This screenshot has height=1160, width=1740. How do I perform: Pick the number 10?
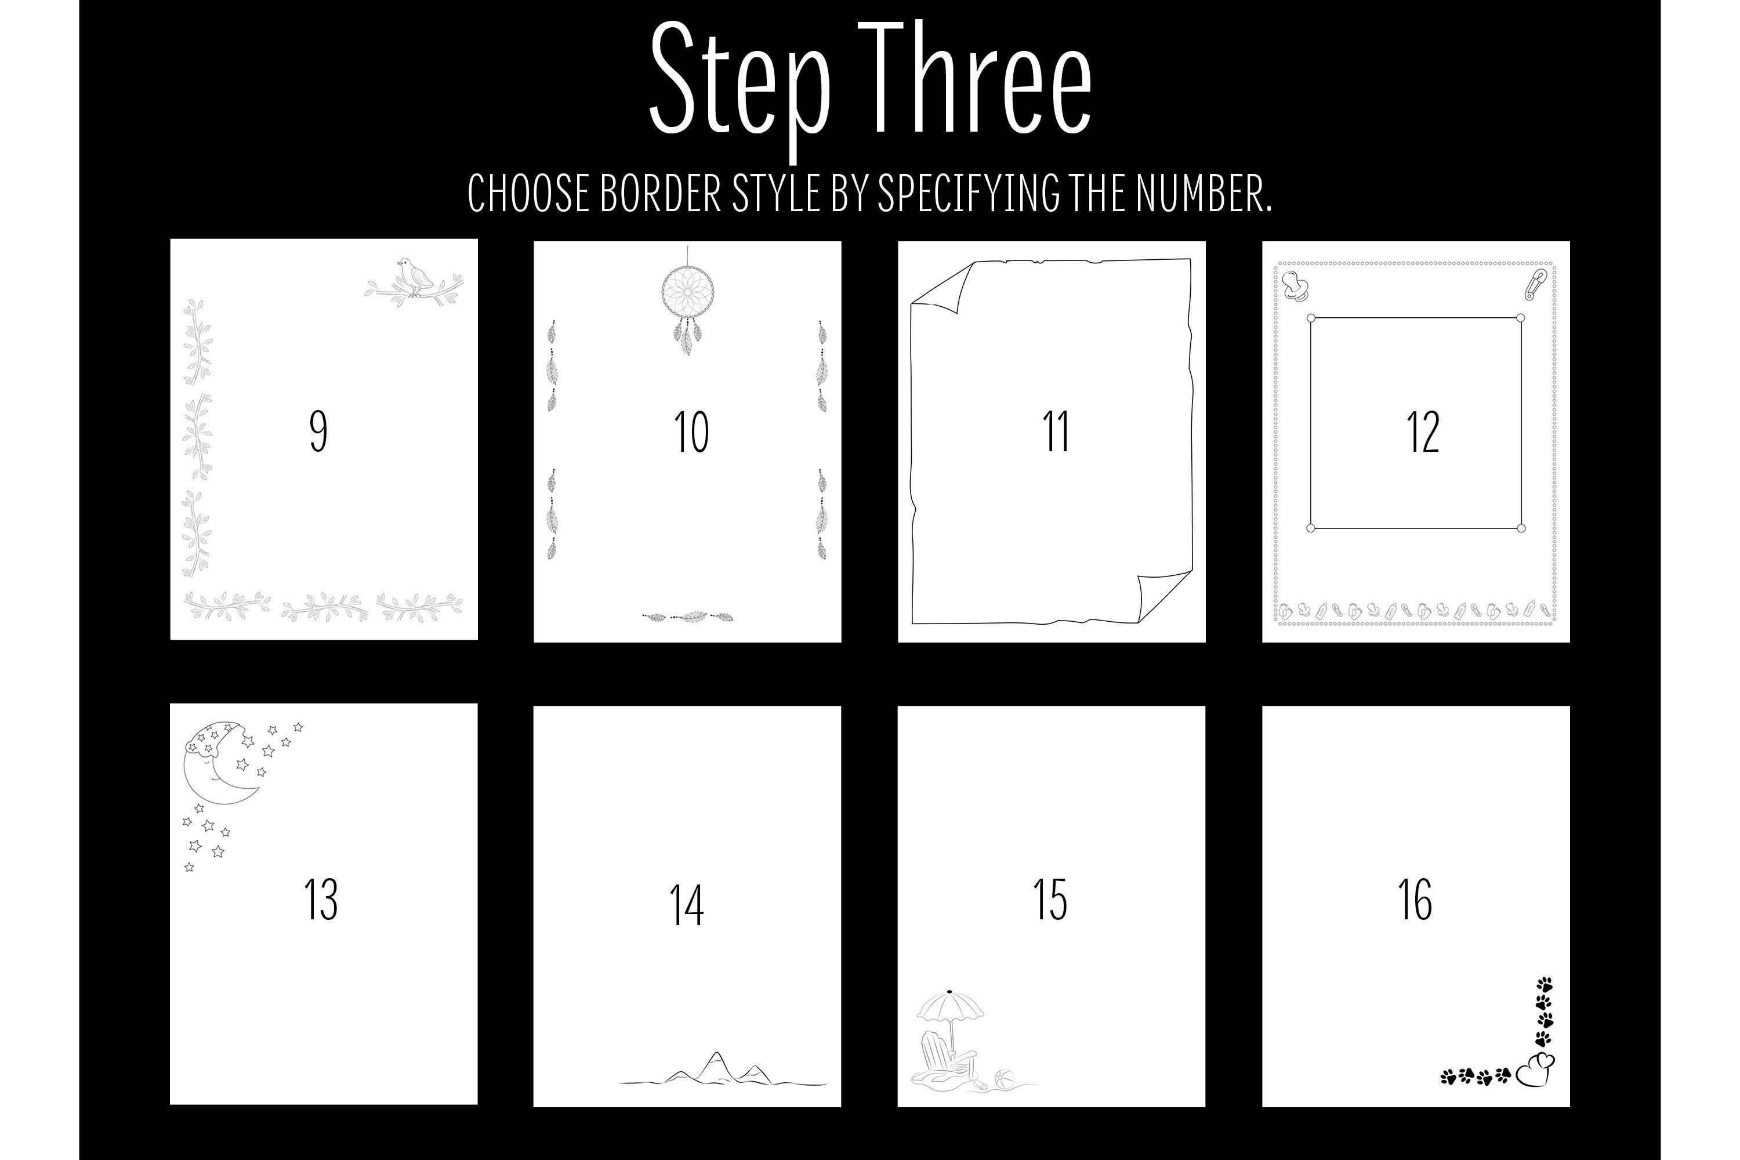(691, 432)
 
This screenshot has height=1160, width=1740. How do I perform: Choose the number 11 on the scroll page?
(1056, 432)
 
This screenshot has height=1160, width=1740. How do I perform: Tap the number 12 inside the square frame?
(1423, 432)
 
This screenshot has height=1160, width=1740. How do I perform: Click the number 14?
(687, 905)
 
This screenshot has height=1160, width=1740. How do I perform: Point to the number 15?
(1050, 900)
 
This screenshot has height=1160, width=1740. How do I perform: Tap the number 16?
(1415, 900)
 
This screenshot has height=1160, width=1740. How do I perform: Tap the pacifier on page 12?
(1296, 287)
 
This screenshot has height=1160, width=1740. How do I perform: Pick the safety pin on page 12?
(1535, 284)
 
